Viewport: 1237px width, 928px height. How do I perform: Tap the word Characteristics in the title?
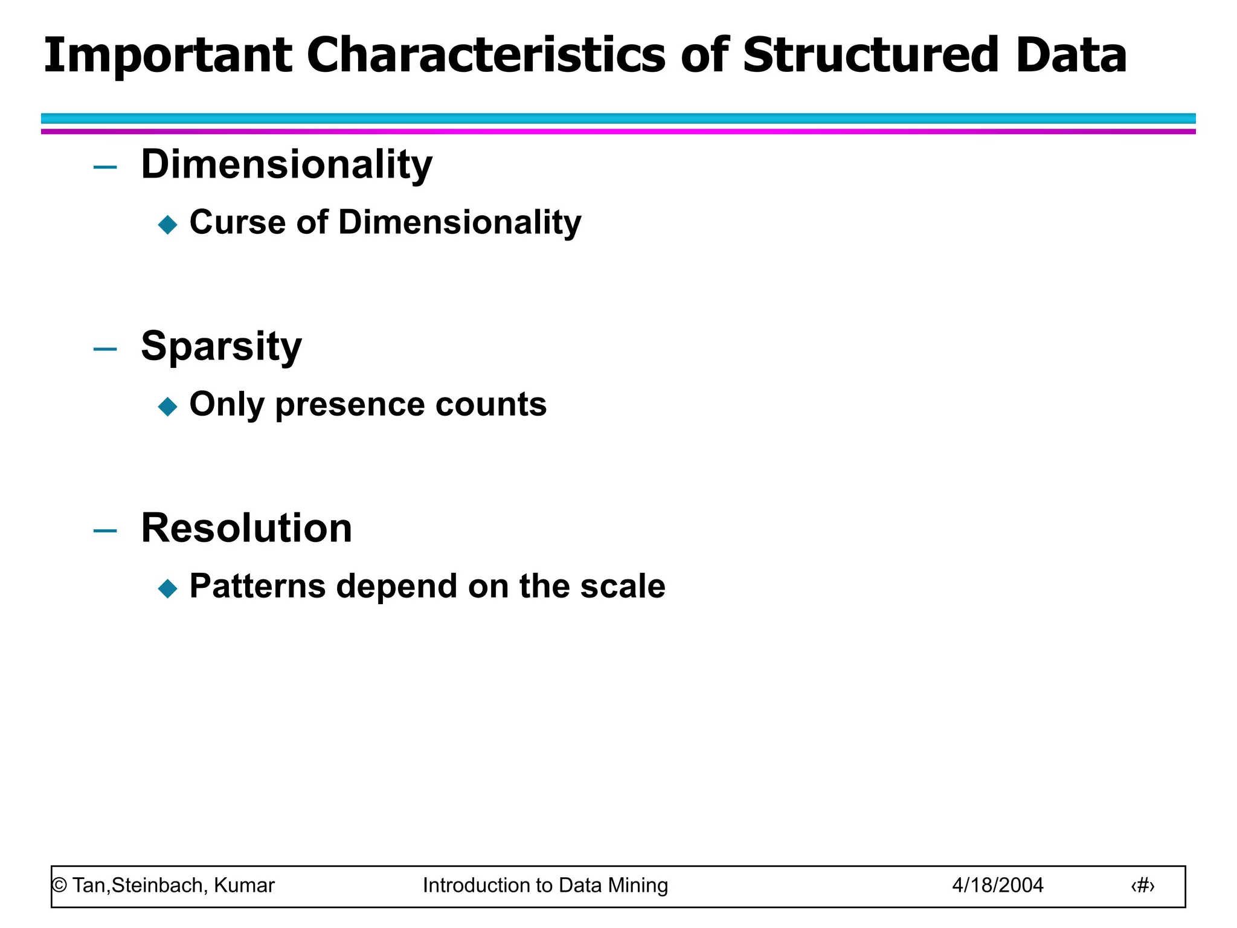pos(486,56)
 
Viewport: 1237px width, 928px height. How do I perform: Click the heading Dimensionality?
pos(286,164)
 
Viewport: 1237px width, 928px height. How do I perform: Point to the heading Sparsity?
pos(221,347)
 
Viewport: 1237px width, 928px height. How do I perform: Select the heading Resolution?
pos(246,528)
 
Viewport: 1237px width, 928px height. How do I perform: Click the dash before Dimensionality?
pos(105,167)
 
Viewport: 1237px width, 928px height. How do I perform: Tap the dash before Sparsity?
pos(105,349)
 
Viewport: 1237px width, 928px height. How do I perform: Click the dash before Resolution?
pos(105,531)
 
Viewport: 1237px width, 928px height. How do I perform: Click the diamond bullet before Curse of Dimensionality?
pos(167,225)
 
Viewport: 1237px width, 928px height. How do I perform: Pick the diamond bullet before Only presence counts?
pos(167,407)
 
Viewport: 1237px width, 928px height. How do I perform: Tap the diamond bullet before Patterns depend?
pos(167,588)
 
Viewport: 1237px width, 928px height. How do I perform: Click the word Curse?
pos(237,222)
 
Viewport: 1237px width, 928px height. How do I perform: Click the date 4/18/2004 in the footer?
pos(997,885)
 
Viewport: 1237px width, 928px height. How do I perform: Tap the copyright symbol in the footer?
pos(59,886)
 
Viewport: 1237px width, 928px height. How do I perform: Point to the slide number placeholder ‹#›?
pos(1142,886)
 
